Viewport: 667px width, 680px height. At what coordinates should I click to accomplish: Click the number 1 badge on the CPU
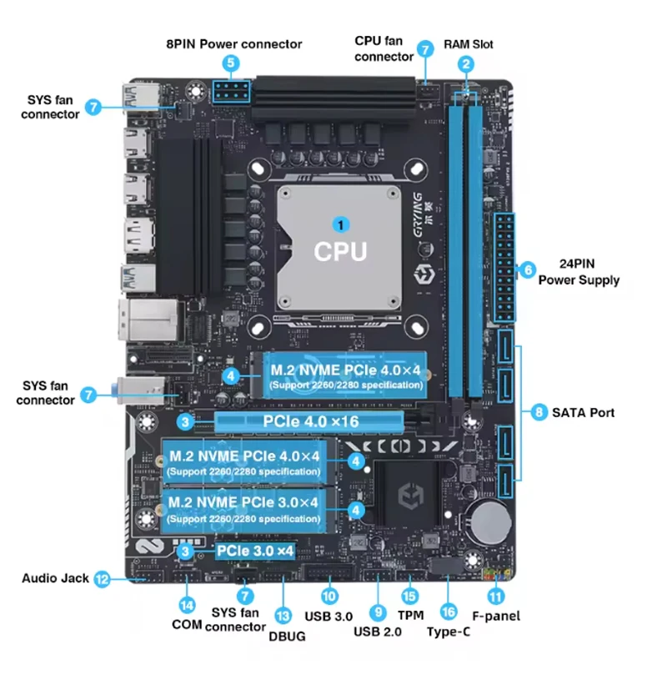[339, 224]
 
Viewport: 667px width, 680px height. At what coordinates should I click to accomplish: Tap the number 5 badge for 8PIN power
[231, 63]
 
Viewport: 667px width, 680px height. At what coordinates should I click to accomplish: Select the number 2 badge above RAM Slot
[466, 63]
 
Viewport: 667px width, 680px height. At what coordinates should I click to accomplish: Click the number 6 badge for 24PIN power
[527, 269]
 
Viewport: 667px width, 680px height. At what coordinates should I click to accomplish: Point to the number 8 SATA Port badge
[539, 411]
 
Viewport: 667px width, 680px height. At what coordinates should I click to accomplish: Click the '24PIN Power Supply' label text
[579, 272]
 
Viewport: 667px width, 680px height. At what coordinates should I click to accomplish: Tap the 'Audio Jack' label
[55, 577]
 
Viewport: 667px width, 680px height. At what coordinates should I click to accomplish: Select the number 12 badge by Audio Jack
[102, 577]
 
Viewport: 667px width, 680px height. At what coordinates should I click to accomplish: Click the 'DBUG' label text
[288, 636]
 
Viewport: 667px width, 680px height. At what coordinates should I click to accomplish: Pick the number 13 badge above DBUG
[283, 615]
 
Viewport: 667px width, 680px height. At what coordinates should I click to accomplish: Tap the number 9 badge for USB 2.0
[378, 612]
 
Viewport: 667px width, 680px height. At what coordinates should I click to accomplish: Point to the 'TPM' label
[410, 615]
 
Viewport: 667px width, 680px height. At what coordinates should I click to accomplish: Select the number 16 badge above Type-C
[448, 612]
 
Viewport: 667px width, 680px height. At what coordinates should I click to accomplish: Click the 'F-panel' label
[496, 616]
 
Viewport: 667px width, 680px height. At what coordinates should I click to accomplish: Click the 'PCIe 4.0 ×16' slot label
[311, 421]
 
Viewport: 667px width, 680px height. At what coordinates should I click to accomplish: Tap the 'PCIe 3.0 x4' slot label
[255, 551]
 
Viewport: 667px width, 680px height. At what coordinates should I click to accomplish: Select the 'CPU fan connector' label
[384, 48]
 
